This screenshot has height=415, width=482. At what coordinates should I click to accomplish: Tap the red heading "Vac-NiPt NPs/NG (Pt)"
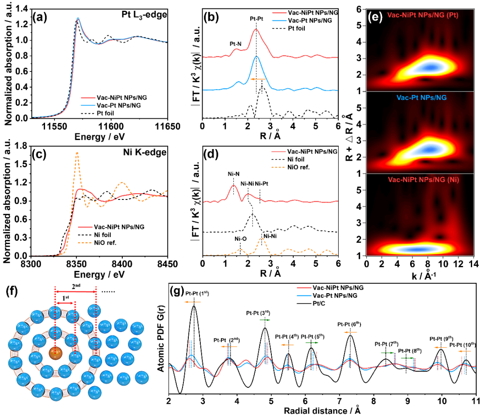tap(423, 15)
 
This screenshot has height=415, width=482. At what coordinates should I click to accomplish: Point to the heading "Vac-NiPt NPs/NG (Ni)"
tap(423, 179)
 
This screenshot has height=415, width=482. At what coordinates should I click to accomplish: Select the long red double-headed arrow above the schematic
tap(75, 291)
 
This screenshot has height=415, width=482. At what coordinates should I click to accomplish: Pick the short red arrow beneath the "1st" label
tap(65, 303)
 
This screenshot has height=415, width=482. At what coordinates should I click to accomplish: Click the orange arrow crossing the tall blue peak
tap(258, 79)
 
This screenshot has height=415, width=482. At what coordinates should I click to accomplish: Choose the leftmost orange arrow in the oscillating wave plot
tap(192, 302)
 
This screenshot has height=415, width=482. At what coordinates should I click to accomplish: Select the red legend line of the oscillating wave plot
tap(303, 288)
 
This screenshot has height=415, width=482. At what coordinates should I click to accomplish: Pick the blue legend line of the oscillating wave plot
tap(303, 295)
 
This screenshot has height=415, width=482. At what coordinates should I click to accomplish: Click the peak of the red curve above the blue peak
tap(256, 29)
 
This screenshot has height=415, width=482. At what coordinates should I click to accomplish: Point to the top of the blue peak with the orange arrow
tap(256, 56)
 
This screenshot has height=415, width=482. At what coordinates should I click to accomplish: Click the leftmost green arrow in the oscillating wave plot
tap(265, 320)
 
